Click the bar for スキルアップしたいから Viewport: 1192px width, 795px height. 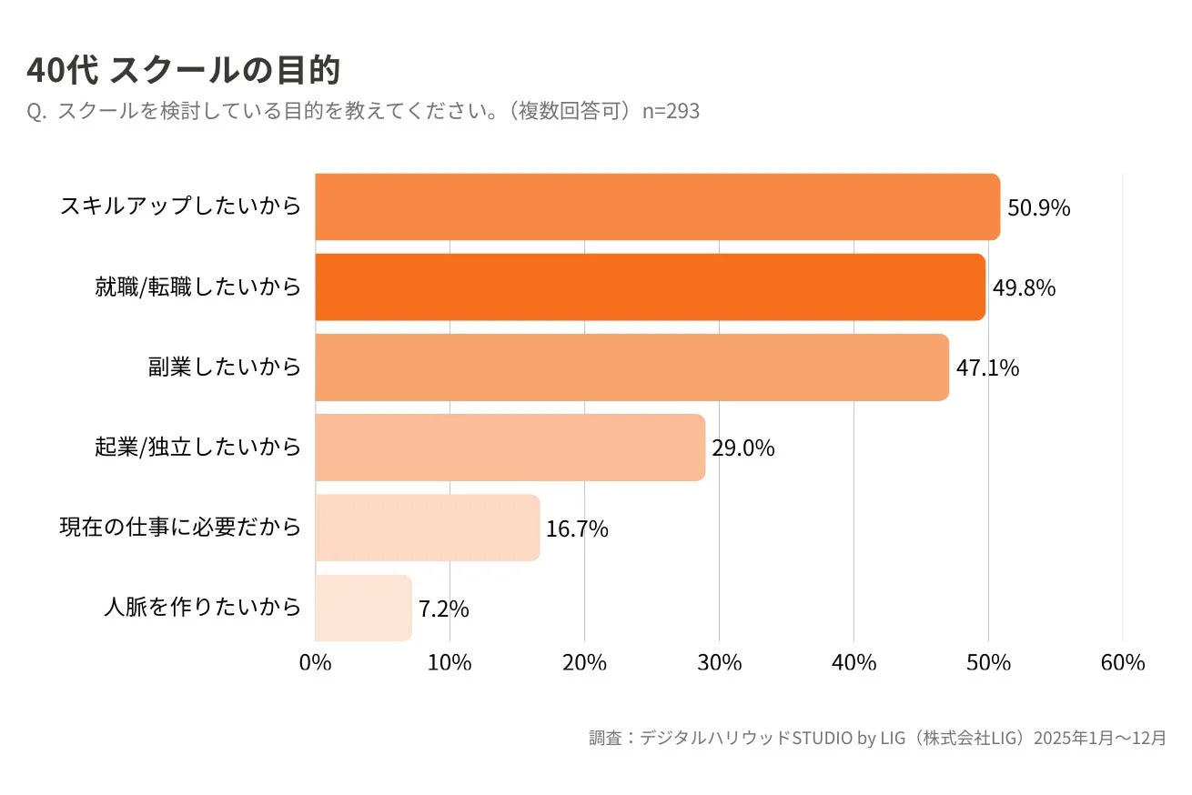[657, 207]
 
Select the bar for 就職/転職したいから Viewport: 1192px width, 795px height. [650, 287]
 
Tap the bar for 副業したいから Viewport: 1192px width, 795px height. [631, 367]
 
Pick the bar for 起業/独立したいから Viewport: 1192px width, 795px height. [510, 448]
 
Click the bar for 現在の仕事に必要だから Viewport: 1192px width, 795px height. [427, 528]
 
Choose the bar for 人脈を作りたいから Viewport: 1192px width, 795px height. [363, 608]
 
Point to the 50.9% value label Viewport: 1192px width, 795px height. [1038, 208]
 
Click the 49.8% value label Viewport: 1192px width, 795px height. [1024, 288]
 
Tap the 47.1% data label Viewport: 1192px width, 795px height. [987, 368]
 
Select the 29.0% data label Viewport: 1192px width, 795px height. [742, 448]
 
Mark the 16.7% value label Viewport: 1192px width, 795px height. [577, 528]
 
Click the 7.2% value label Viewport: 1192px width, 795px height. [443, 609]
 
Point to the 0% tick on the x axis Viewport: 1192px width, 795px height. [315, 663]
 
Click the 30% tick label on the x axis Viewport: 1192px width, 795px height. [719, 663]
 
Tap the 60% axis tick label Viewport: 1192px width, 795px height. [1122, 663]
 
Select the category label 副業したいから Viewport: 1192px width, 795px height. [224, 367]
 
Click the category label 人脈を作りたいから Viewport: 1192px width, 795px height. [202, 608]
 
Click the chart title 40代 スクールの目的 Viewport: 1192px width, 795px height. [183, 70]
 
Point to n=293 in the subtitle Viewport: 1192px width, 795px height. [671, 112]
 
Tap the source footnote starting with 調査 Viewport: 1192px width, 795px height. [877, 738]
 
